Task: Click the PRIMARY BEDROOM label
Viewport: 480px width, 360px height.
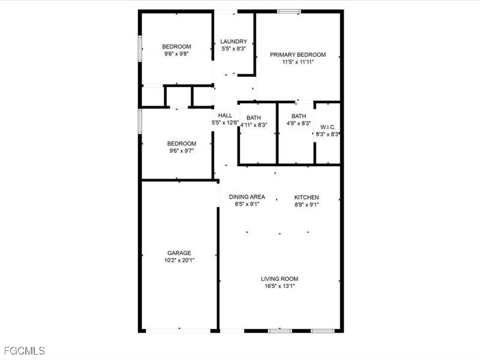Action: click(298, 55)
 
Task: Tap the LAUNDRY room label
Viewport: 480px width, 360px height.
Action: click(233, 41)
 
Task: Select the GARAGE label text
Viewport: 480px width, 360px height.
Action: click(179, 253)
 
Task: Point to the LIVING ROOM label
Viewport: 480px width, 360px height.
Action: click(280, 278)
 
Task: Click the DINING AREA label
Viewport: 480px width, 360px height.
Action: click(247, 197)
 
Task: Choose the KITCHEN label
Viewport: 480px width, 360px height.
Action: click(306, 197)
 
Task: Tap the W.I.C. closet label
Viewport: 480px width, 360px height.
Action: click(328, 127)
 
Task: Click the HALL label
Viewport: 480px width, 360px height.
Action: click(225, 115)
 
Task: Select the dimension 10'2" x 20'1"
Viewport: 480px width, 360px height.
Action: click(179, 260)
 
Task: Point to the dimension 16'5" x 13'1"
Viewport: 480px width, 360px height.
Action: click(280, 286)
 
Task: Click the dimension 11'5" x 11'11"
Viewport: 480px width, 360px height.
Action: click(298, 62)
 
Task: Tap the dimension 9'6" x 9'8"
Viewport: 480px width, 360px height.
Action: click(176, 54)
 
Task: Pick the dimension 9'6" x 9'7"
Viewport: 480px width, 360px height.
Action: click(181, 151)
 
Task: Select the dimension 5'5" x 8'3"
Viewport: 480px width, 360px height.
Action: click(233, 49)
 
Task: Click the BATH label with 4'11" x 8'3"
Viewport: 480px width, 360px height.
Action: click(253, 118)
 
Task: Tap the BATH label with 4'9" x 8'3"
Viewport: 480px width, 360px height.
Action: click(298, 116)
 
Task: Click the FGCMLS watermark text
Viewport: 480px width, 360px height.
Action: click(24, 350)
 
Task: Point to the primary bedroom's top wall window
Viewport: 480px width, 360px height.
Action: click(289, 11)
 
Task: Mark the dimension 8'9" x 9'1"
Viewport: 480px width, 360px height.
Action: click(306, 205)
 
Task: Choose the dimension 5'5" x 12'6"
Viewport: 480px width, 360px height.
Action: click(225, 122)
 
